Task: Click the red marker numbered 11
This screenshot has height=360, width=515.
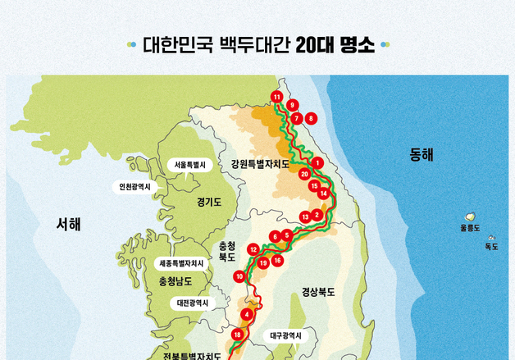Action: pos(277,98)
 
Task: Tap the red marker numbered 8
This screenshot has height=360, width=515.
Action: pos(311,118)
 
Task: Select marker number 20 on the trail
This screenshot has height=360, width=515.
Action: pos(304,175)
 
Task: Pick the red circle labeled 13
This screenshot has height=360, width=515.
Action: pos(305,217)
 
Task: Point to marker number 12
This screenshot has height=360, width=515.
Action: pos(253,248)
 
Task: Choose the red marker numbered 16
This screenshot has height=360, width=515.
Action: pos(278,260)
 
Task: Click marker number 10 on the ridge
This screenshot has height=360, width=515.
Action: pos(239,276)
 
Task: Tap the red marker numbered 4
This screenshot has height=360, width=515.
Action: pos(247,314)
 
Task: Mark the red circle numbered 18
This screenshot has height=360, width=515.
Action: pos(237,335)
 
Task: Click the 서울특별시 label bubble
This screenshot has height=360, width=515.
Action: pos(190,165)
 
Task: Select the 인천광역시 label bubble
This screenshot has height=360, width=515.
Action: pos(135,187)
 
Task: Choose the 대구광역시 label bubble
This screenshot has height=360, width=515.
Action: pos(285,335)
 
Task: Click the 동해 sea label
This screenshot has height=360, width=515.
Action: pos(422,154)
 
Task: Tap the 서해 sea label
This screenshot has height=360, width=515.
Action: pos(69,223)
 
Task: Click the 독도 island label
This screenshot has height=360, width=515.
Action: pos(491,246)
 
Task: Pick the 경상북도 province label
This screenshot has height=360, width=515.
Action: pos(318,291)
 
